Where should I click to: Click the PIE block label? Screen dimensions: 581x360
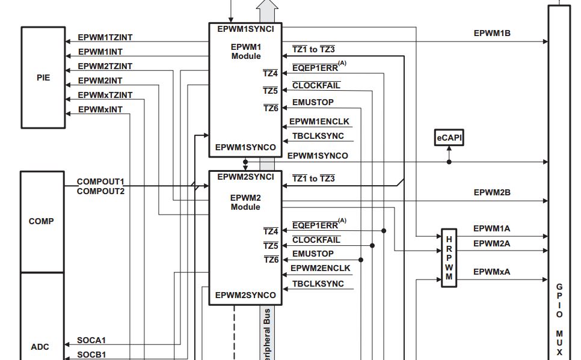(x=43, y=78)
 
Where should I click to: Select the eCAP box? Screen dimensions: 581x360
(x=449, y=138)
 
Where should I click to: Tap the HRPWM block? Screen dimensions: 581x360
(x=449, y=258)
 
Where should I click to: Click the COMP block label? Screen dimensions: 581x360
(x=41, y=221)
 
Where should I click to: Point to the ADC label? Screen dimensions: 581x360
(x=40, y=347)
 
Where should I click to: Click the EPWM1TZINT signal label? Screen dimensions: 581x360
(x=105, y=37)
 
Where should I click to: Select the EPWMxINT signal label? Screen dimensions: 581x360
(x=100, y=109)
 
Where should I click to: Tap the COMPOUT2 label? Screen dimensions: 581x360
(x=101, y=192)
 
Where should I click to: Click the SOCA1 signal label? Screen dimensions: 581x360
(x=91, y=340)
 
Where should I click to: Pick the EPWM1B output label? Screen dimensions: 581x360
(x=492, y=33)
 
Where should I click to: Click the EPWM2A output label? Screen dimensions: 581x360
(x=492, y=243)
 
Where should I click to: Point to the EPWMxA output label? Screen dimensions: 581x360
(x=492, y=272)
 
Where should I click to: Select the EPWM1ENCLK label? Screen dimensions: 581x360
(x=319, y=121)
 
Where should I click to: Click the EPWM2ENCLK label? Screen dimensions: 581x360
(x=321, y=268)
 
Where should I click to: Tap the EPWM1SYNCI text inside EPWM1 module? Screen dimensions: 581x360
(x=245, y=29)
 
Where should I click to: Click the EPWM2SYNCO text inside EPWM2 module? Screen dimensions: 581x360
(x=245, y=295)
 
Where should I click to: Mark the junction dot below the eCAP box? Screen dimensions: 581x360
(x=449, y=162)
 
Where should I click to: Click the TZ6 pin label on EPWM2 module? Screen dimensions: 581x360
(x=271, y=260)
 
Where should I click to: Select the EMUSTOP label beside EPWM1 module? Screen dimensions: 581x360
(x=313, y=102)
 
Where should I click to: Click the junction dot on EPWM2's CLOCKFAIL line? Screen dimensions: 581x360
(x=372, y=246)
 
